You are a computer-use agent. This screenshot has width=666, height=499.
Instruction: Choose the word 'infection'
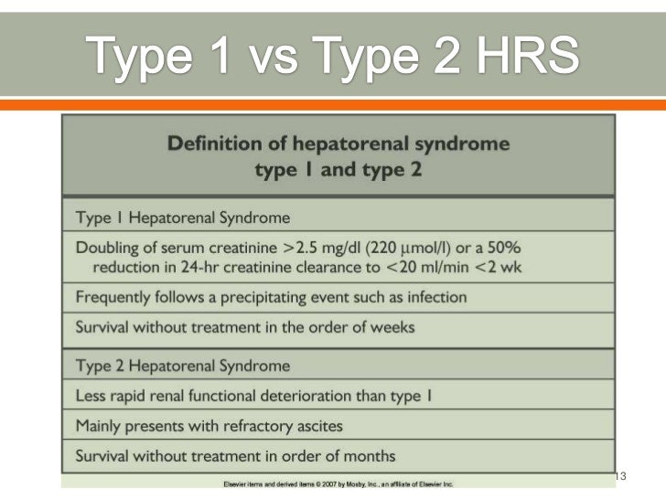435,297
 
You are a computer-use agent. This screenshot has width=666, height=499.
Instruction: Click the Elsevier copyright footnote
338,483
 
